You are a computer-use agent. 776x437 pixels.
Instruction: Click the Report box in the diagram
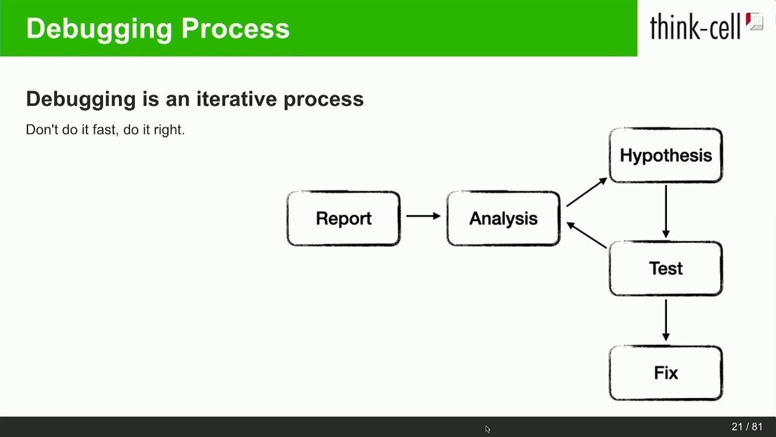(x=343, y=218)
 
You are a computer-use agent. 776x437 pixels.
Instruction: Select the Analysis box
(x=503, y=218)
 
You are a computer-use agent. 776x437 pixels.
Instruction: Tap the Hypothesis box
(x=666, y=155)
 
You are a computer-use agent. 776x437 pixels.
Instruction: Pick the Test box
(x=666, y=268)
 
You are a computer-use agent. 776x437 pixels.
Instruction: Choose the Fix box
(x=666, y=373)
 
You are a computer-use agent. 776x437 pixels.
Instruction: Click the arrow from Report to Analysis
(x=423, y=216)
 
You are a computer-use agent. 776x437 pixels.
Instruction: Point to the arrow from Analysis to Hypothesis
(x=586, y=192)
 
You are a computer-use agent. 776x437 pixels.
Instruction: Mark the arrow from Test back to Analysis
(x=586, y=235)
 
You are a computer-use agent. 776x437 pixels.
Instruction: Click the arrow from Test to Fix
(x=666, y=320)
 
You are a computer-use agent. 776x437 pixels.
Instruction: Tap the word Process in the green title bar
(x=235, y=29)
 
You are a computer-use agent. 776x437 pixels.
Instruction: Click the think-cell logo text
(x=695, y=27)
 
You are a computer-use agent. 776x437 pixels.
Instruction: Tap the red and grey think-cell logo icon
(x=754, y=22)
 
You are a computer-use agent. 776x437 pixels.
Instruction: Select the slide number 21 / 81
(x=747, y=427)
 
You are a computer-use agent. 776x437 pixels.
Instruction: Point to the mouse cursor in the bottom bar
(x=487, y=429)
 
